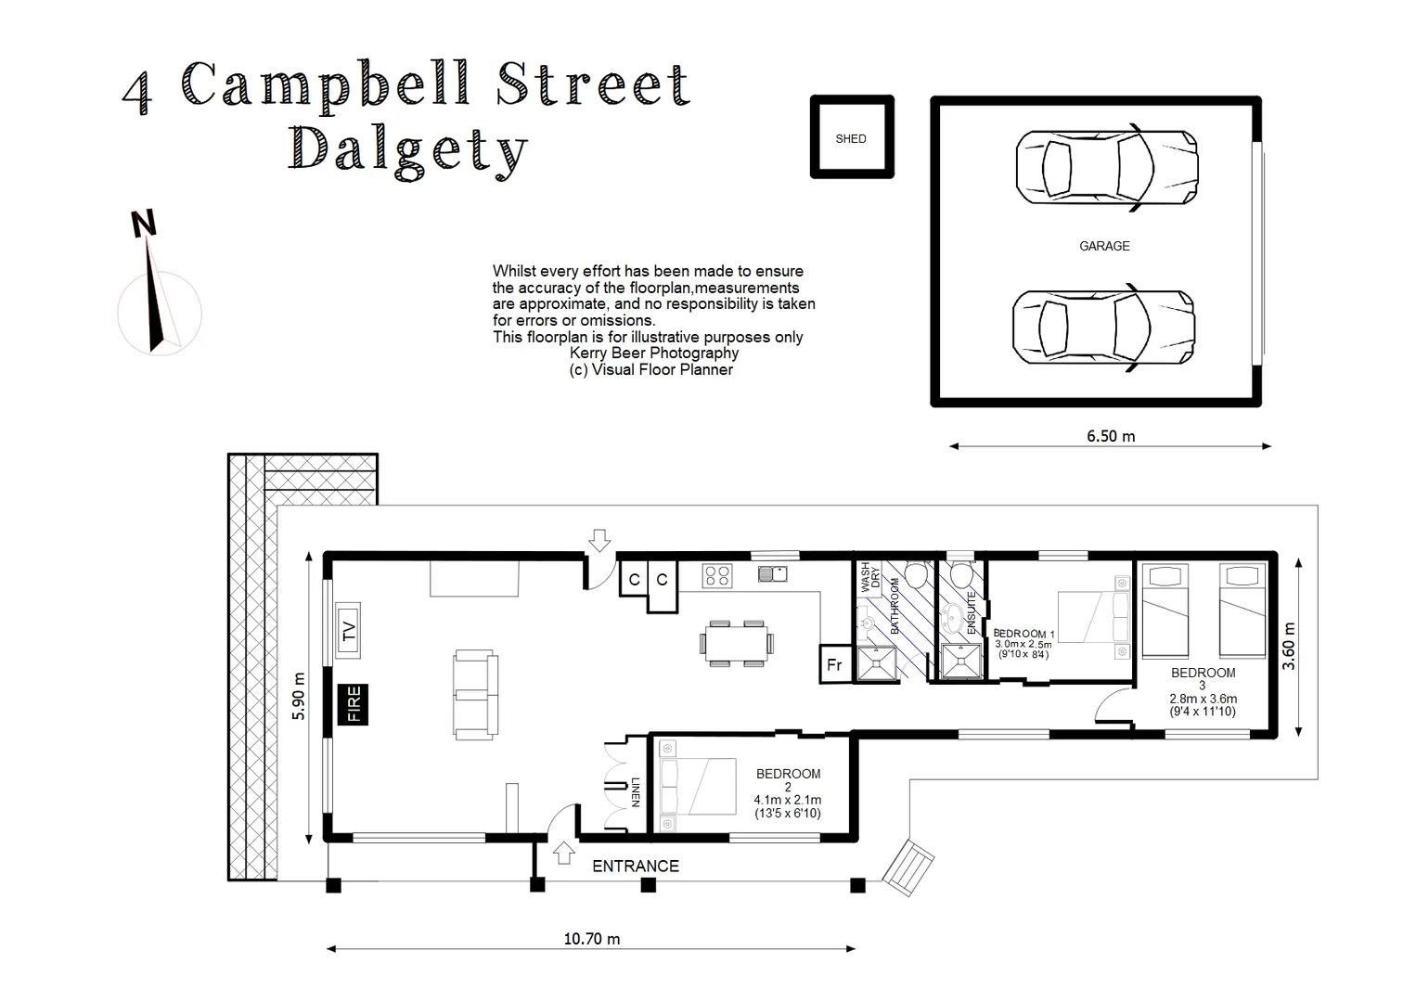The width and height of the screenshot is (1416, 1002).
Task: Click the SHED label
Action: pos(850,139)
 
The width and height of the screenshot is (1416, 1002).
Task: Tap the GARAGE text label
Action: pos(1103,246)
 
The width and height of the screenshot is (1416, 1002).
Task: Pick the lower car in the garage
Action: pos(1102,328)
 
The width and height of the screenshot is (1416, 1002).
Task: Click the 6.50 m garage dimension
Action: pos(1111,436)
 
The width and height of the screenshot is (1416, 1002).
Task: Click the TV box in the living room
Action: pos(348,631)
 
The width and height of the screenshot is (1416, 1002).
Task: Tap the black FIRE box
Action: pos(353,704)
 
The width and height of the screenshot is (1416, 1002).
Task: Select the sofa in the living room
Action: pos(475,695)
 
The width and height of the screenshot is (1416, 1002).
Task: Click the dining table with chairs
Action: pos(737,643)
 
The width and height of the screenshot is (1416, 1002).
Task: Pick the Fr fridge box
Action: pos(833,665)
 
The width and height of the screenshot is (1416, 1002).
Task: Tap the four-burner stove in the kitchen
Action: pos(717,575)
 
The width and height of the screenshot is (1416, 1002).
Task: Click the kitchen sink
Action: pos(772,574)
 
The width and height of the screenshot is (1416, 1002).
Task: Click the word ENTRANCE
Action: pos(636,867)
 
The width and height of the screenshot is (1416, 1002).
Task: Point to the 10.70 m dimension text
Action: pos(592,939)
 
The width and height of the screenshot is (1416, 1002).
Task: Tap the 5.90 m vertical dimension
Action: pos(299,696)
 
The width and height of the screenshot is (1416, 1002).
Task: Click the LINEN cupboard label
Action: pos(636,791)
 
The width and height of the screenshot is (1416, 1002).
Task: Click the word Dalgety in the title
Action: pos(408,151)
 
